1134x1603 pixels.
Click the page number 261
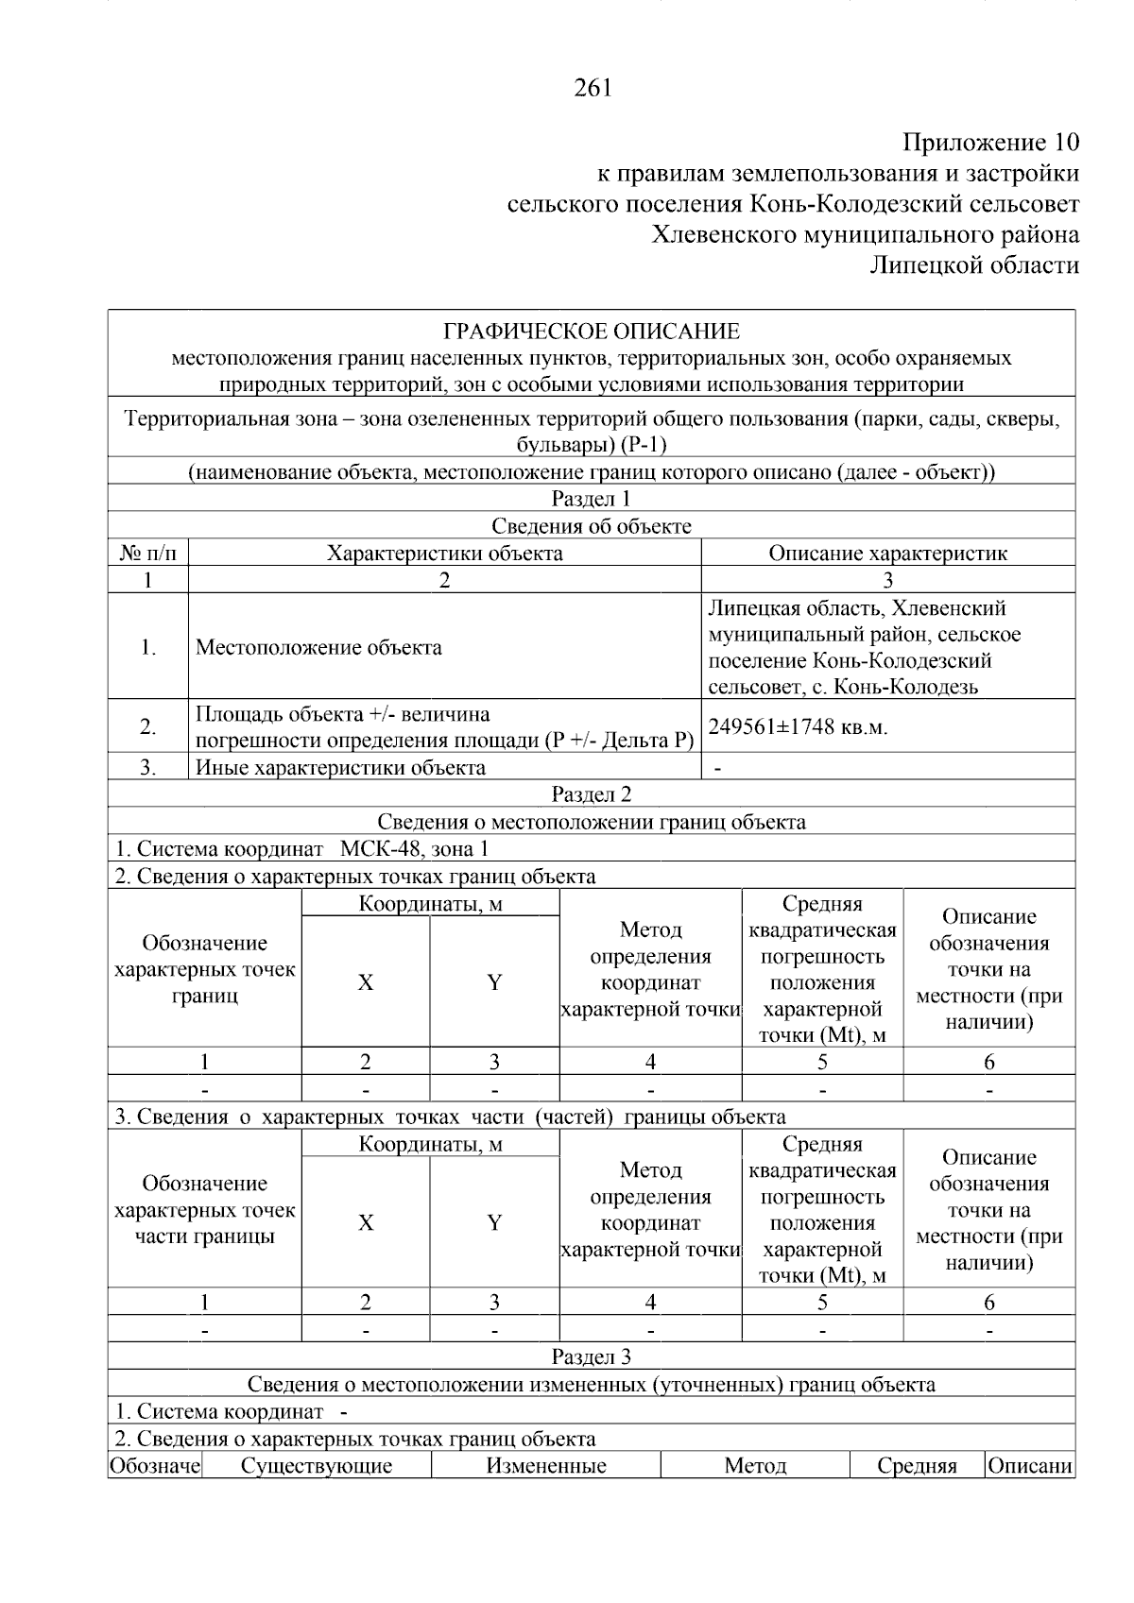[x=593, y=88]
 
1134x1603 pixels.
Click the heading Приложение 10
[x=990, y=144]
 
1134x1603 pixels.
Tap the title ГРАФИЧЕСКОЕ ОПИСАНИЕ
[x=592, y=332]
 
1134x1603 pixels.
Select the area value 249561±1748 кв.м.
[x=799, y=726]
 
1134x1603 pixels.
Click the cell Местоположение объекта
[x=318, y=648]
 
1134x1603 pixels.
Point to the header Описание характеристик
[x=887, y=554]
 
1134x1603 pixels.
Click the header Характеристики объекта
[x=444, y=554]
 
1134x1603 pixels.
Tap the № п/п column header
[x=147, y=554]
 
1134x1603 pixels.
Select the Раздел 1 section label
[x=592, y=499]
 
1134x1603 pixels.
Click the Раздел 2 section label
[x=592, y=794]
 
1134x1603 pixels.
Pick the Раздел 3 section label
[x=592, y=1357]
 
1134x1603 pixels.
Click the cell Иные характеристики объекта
[x=340, y=768]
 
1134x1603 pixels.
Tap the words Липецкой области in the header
[x=973, y=265]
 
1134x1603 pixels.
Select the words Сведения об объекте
[x=592, y=526]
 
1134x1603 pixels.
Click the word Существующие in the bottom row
[x=317, y=1466]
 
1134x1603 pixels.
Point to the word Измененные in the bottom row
[x=546, y=1466]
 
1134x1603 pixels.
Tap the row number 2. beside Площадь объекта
[x=148, y=727]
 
